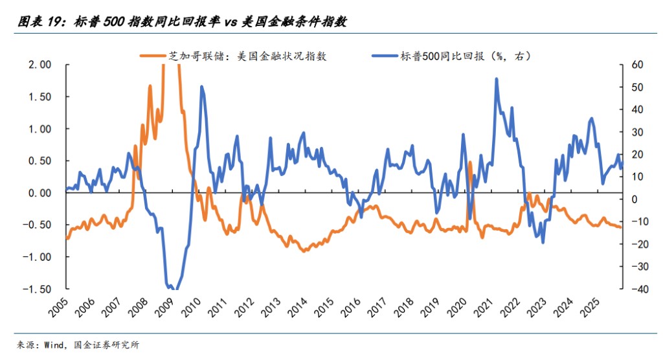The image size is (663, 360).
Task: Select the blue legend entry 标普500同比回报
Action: click(x=453, y=56)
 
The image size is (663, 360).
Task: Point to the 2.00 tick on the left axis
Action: click(x=39, y=65)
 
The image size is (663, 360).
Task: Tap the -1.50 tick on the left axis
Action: click(x=38, y=289)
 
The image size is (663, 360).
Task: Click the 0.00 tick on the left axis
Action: click(x=39, y=193)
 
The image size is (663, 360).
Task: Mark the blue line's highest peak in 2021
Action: click(x=496, y=79)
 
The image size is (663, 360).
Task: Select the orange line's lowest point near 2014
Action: click(x=304, y=251)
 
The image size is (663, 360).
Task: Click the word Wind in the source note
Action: click(x=55, y=344)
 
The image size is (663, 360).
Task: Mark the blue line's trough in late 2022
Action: click(x=543, y=243)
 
